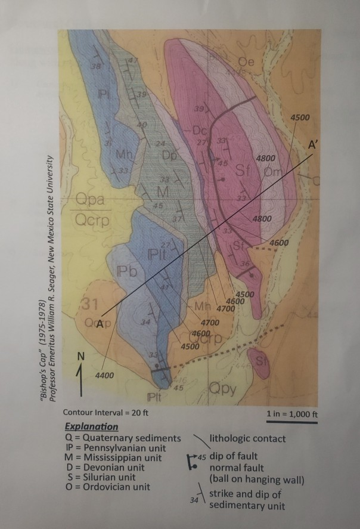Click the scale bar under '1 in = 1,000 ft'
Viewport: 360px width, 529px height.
(291, 422)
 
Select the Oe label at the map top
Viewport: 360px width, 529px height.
(246, 61)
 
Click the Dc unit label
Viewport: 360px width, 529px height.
(199, 130)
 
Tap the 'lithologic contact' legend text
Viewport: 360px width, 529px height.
(247, 438)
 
